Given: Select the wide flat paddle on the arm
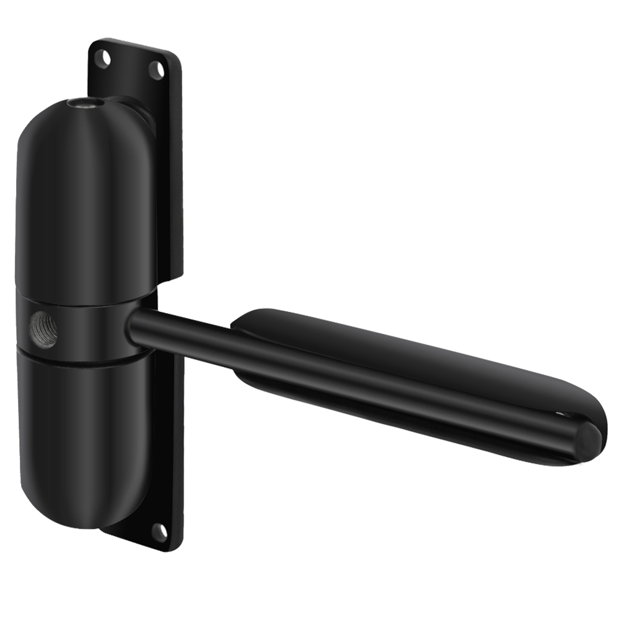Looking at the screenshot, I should click(411, 358).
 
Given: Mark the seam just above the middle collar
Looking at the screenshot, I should click(82, 305).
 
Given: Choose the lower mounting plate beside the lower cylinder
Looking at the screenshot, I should click(173, 452).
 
